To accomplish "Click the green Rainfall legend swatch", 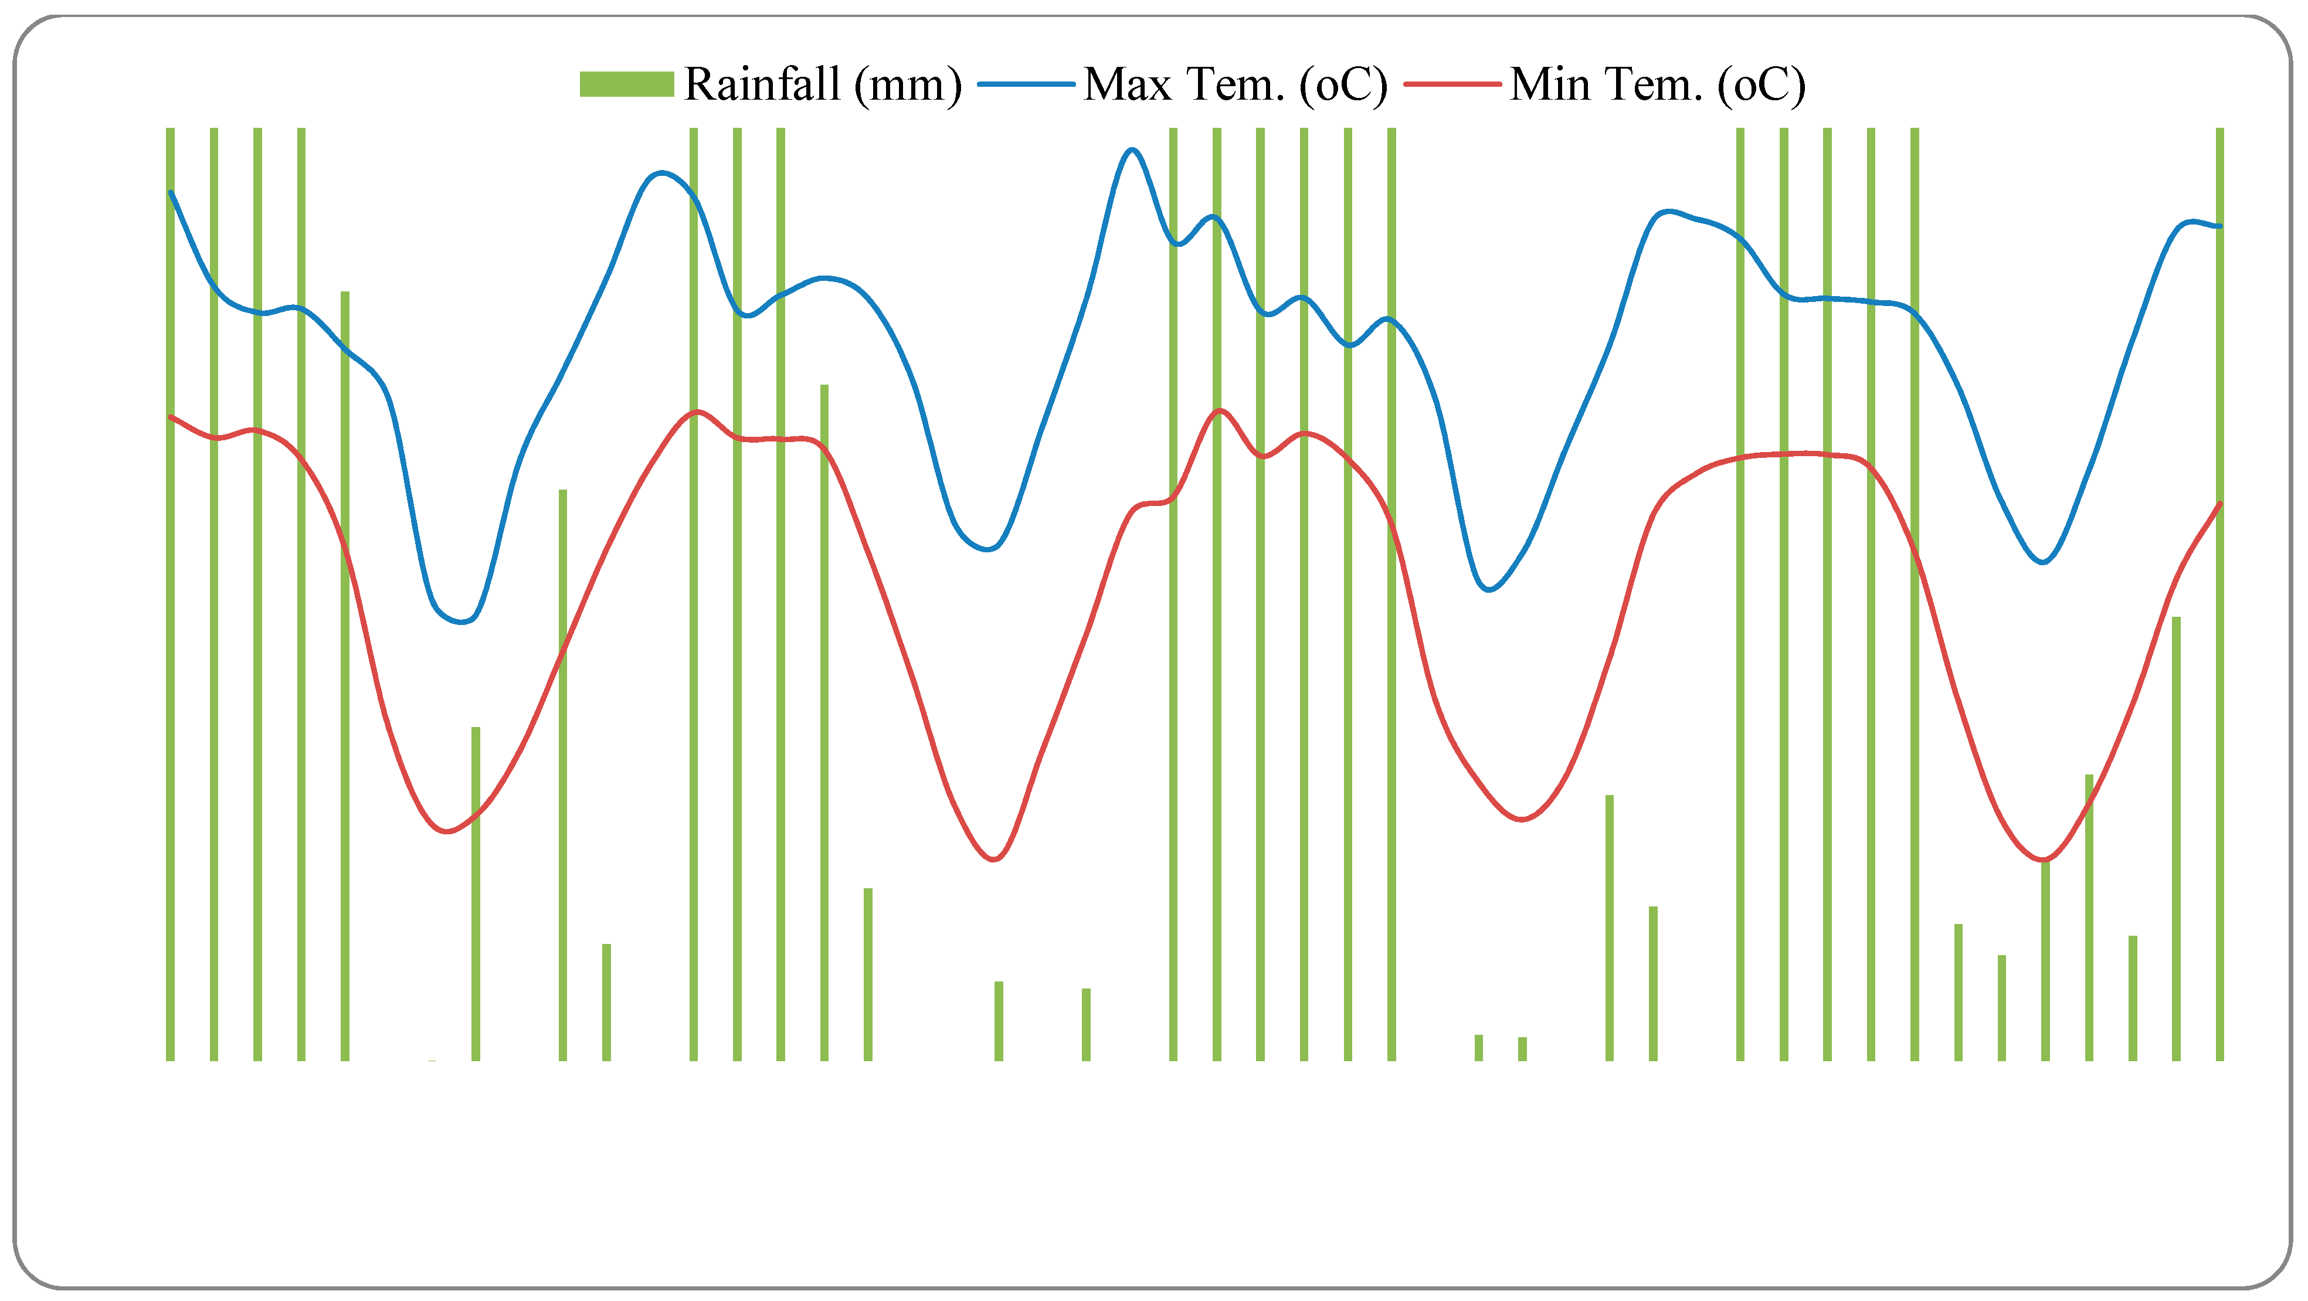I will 626,84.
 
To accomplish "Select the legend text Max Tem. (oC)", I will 1236,84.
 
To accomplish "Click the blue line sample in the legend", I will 1026,84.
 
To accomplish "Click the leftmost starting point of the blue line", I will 170,191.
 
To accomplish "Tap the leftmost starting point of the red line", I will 170,417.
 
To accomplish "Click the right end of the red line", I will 2220,504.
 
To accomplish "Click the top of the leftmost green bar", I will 170,130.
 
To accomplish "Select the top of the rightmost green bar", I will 2220,130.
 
